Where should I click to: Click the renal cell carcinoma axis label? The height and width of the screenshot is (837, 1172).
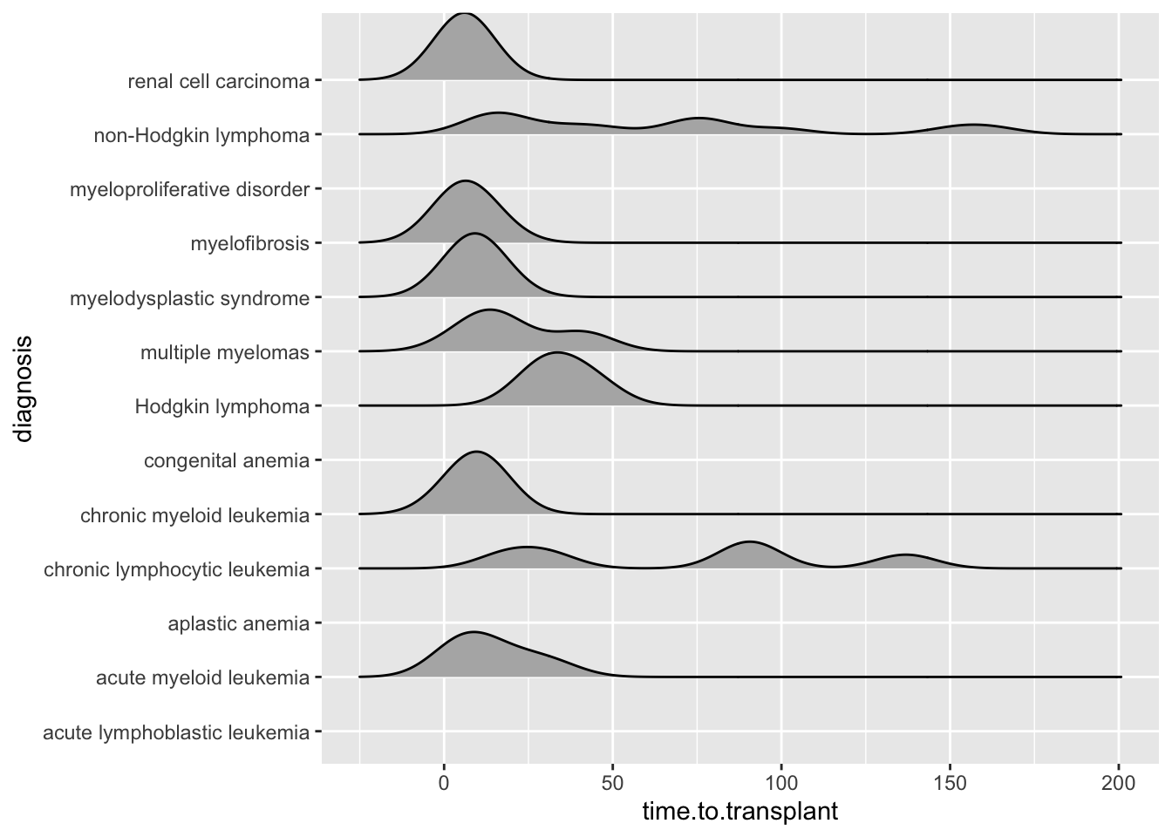click(x=218, y=82)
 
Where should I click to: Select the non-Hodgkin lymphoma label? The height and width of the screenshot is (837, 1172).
click(x=201, y=136)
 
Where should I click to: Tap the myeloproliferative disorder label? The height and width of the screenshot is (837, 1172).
click(x=189, y=190)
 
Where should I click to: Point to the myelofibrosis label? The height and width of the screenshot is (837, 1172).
click(x=249, y=244)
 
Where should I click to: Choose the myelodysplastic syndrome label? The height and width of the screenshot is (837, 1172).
click(x=189, y=299)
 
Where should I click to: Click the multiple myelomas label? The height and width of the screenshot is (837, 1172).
click(x=224, y=353)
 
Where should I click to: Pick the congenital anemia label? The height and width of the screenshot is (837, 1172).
click(x=226, y=461)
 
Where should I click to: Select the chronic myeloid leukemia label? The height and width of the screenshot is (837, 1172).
click(x=194, y=516)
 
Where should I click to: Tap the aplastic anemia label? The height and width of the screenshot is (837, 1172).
click(x=238, y=624)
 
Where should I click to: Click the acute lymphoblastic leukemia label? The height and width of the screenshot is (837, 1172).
click(x=175, y=733)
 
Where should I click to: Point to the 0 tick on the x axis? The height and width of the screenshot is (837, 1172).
click(x=444, y=784)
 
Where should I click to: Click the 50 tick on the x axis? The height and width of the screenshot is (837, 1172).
click(x=612, y=784)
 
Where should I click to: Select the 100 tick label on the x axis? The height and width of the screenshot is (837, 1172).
click(x=781, y=784)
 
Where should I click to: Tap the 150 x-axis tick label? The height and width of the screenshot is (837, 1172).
click(x=951, y=784)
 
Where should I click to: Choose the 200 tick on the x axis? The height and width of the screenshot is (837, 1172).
click(x=1119, y=784)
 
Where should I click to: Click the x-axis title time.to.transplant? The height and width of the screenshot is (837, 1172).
click(x=739, y=813)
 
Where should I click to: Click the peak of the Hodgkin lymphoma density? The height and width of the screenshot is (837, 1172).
click(x=555, y=352)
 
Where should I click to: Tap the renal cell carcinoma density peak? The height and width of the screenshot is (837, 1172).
click(x=465, y=13)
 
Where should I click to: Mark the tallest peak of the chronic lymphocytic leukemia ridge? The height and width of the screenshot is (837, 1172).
click(x=748, y=541)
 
